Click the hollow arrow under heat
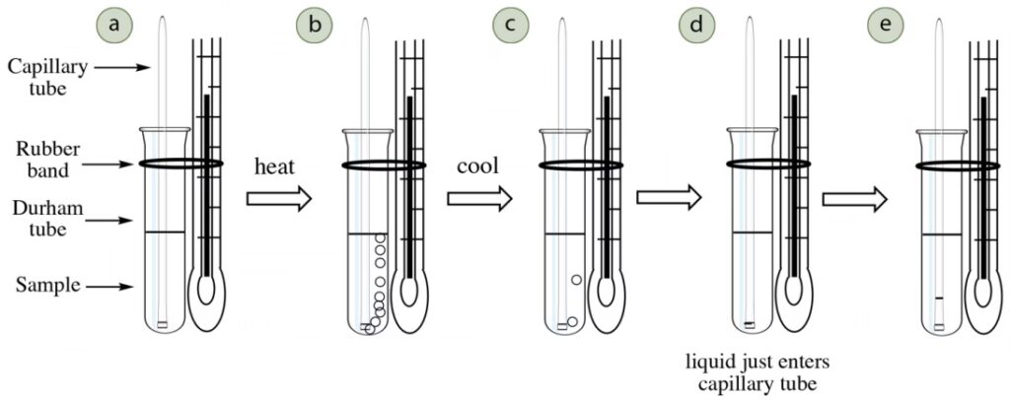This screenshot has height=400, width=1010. point(278,199)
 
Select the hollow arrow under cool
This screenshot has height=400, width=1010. point(479,199)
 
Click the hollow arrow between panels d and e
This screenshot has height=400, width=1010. point(855,199)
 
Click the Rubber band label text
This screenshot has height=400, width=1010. point(44,161)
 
